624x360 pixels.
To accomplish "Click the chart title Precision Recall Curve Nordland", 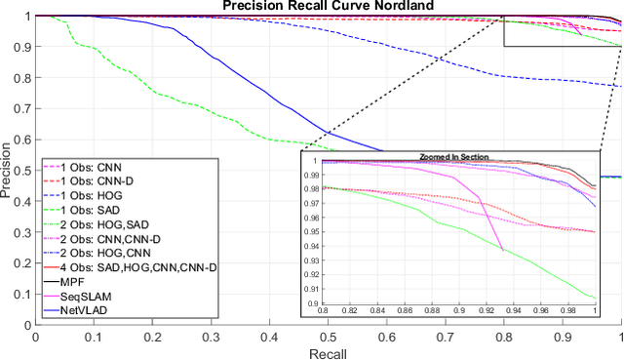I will [x=329, y=6].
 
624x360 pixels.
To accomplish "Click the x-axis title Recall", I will [x=329, y=351].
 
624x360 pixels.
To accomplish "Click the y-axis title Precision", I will [x=8, y=172].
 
